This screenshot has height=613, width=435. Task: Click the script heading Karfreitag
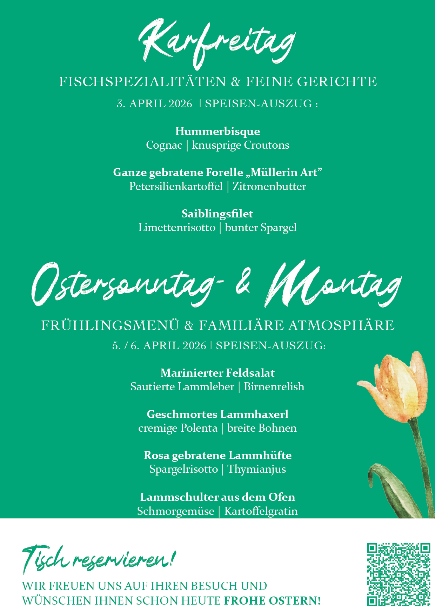coord(217,44)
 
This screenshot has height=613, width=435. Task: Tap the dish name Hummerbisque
coord(217,131)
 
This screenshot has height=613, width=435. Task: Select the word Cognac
coord(164,145)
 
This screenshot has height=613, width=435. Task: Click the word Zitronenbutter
coord(269,186)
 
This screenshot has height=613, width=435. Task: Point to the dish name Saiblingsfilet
coord(217,214)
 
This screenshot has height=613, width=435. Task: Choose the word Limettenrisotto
coord(177,228)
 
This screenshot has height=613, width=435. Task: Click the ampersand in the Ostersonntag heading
coord(243,282)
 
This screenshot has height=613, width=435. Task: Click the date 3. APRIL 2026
coord(155,104)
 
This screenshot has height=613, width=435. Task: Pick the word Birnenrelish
coord(274,387)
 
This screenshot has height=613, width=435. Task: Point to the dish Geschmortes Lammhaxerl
coord(217,414)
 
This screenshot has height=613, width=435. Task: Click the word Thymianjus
coord(257,469)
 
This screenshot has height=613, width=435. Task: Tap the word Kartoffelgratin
coord(261,511)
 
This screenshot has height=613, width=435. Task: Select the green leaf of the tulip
coord(393,491)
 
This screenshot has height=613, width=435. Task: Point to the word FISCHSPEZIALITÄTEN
coord(142,82)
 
